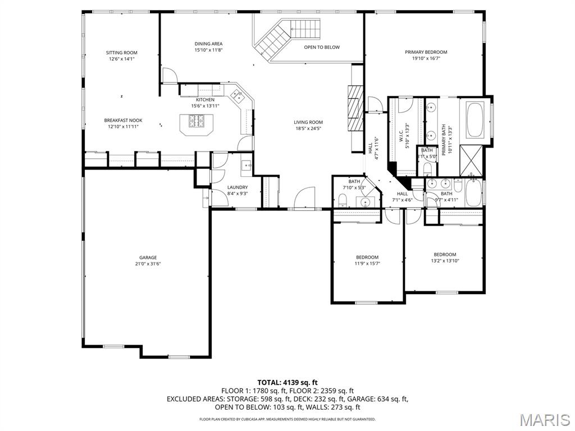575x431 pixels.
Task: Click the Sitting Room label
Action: pyautogui.click(x=121, y=53)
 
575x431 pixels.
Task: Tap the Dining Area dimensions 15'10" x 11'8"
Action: pyautogui.click(x=209, y=50)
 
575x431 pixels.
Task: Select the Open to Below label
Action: pyautogui.click(x=322, y=47)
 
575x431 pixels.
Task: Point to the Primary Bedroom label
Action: pyautogui.click(x=426, y=52)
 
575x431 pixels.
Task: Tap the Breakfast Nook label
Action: pyautogui.click(x=123, y=120)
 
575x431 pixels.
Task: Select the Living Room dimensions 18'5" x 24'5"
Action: pyautogui.click(x=308, y=129)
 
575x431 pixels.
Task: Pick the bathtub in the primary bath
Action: pyautogui.click(x=475, y=120)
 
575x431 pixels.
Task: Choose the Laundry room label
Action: pyautogui.click(x=237, y=187)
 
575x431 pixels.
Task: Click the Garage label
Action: pyautogui.click(x=148, y=258)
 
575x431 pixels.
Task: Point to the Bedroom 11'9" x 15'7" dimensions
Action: pyautogui.click(x=367, y=263)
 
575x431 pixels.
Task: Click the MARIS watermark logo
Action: pyautogui.click(x=544, y=419)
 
